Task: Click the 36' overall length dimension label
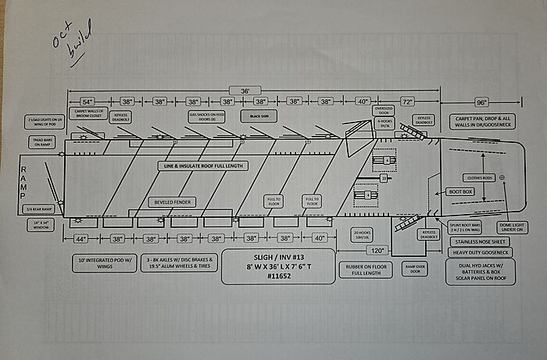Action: point(245,91)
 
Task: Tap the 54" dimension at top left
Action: point(87,102)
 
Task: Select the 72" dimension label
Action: point(408,102)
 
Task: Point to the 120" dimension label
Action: point(379,251)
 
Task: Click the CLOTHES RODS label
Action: point(478,177)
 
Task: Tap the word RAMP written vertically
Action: point(23,184)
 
